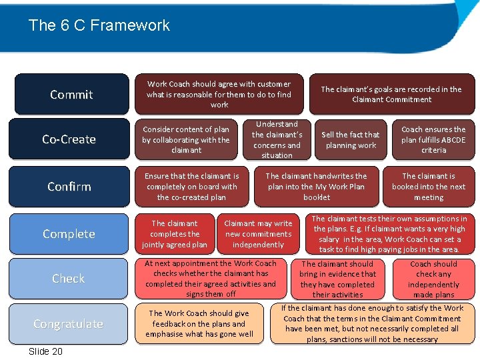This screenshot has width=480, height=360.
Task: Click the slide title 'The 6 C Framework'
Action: (99, 26)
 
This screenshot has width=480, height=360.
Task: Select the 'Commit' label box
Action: (71, 94)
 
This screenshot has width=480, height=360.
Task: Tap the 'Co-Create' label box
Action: (69, 139)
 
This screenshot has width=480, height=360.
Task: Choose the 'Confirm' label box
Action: (69, 186)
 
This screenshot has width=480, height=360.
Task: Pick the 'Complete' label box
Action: (69, 234)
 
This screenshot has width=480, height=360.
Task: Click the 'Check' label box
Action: (69, 279)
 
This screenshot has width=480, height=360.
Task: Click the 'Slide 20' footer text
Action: (45, 351)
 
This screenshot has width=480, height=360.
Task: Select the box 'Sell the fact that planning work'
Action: (351, 140)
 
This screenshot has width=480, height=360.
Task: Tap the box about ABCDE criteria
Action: (433, 140)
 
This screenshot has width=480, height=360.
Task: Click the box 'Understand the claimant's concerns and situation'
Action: (277, 140)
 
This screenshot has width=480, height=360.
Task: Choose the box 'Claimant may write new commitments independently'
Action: (259, 234)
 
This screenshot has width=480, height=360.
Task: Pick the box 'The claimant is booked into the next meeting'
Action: (429, 187)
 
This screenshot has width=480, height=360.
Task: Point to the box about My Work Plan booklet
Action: (316, 187)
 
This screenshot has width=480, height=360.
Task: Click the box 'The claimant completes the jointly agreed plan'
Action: (175, 234)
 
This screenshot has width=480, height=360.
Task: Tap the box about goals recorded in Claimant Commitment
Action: (391, 94)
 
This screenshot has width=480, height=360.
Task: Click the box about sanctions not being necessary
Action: (372, 324)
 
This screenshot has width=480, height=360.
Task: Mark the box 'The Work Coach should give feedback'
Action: (199, 324)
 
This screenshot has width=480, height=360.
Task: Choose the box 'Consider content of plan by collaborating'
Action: (186, 140)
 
